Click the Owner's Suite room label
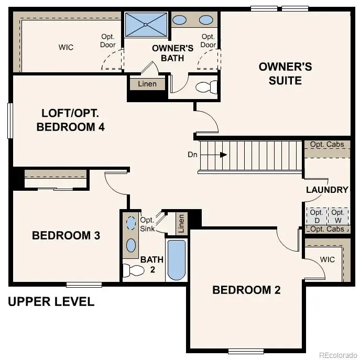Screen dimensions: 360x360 coord(285,73)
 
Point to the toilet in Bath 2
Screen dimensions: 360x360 coord(133,270)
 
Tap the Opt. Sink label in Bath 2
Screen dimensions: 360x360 coord(147,224)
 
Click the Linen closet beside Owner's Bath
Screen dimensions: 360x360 coord(147,84)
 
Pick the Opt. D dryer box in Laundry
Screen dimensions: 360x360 coord(316,216)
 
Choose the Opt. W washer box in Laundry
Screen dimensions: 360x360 coord(338,216)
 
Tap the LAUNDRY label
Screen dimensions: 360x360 coord(327,190)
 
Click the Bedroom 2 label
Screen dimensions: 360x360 coord(246,290)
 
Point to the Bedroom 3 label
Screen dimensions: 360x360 coord(66,235)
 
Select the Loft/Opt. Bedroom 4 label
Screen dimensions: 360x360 coord(70,120)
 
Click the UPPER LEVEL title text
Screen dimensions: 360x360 coord(51,301)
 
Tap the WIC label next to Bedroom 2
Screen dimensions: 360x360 coord(327,259)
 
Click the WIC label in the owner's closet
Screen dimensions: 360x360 coord(66,48)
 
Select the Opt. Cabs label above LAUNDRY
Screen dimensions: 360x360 coord(327,145)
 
